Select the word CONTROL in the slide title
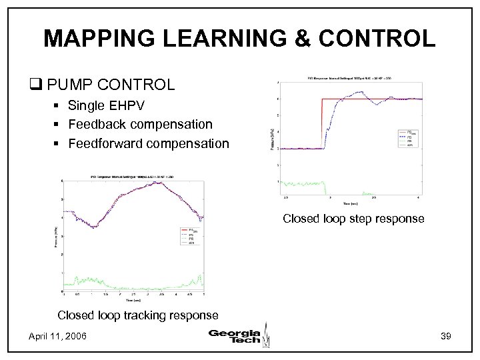pos(387,38)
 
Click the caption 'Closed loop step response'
pos(353,218)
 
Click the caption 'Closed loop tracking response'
pos(137,315)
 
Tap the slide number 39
pos(446,338)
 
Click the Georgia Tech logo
pos(238,335)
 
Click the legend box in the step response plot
pos(408,137)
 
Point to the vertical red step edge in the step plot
pos(322,123)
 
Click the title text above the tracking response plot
pos(133,177)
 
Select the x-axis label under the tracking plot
pos(133,301)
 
